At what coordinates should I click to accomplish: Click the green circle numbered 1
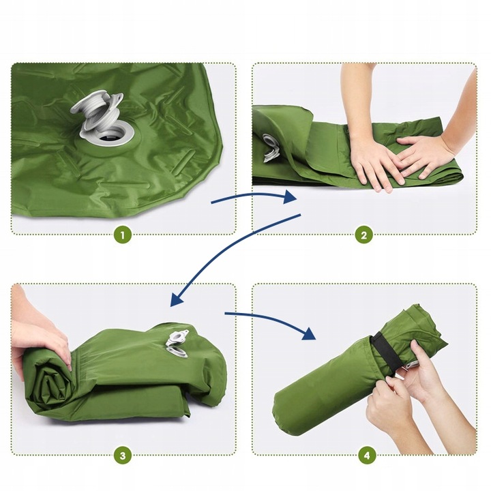[x=123, y=235]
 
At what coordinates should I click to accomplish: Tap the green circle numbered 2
[x=364, y=235]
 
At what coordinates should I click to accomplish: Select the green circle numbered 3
[x=123, y=456]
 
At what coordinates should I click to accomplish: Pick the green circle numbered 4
[x=367, y=456]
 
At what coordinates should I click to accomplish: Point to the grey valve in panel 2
[x=271, y=148]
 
